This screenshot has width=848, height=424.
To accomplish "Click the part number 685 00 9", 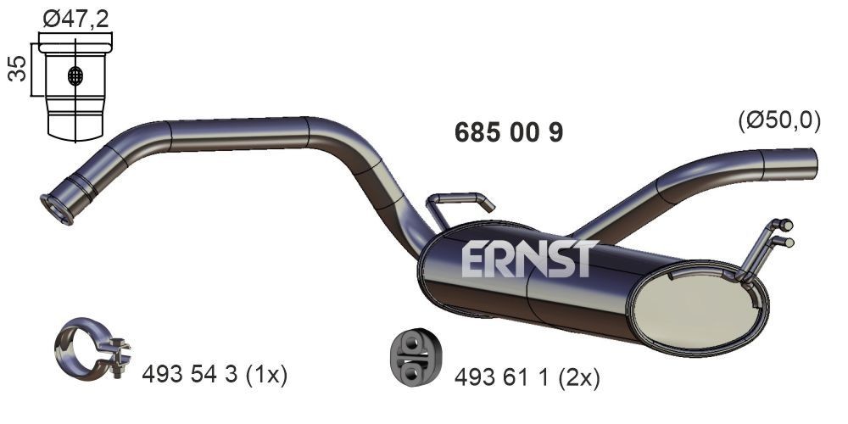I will coord(509,133).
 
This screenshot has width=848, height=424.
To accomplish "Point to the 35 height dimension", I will coord(16,70).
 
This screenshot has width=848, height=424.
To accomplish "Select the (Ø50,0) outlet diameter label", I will coord(779,121).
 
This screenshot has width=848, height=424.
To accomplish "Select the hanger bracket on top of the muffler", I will coord(459,204).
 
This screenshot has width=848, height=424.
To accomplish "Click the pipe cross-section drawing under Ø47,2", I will coord(75,89).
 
